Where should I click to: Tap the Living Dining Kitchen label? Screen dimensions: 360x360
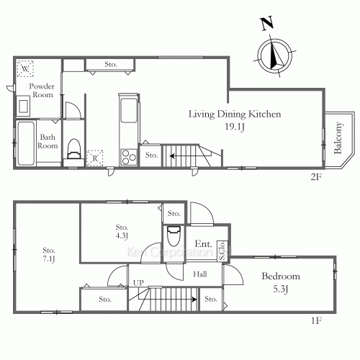(235, 114)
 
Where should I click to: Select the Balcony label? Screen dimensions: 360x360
(338, 138)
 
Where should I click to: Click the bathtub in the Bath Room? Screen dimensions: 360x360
(26, 143)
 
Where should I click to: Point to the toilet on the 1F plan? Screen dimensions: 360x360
(174, 236)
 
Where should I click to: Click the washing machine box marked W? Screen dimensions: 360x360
(25, 68)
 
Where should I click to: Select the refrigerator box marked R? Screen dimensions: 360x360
(95, 158)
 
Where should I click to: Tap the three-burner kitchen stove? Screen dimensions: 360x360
(129, 157)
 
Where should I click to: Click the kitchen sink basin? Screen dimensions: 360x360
(129, 110)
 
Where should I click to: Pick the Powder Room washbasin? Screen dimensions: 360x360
(23, 106)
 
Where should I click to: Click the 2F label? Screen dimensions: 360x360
(316, 177)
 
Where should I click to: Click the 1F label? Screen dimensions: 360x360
(316, 320)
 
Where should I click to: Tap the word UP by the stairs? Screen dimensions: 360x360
(138, 283)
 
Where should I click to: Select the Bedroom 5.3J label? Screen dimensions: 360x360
(281, 282)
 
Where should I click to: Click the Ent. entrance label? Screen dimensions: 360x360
(203, 244)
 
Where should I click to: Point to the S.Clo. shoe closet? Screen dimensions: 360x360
(222, 251)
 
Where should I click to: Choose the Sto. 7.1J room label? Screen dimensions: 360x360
(49, 254)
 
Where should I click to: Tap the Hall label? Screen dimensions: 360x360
(200, 274)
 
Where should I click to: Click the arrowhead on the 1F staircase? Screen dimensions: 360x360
(194, 300)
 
